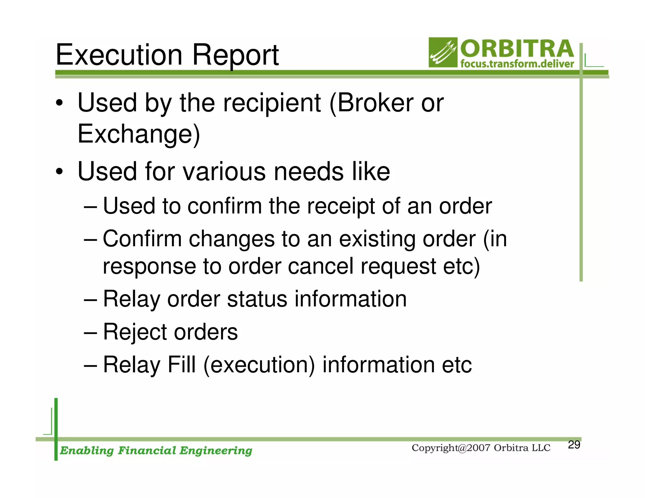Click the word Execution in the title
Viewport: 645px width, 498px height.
(x=119, y=55)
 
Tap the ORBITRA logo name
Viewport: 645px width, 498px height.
(x=517, y=49)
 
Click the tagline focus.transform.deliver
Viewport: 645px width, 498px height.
(x=517, y=64)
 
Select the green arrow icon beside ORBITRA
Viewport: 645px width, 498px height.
(x=443, y=53)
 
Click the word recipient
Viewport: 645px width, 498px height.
(x=272, y=104)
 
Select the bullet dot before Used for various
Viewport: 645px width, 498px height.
(x=59, y=172)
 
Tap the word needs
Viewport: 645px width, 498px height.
(x=309, y=172)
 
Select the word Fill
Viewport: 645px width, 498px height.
(x=182, y=365)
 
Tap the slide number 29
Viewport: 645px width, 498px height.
(x=574, y=445)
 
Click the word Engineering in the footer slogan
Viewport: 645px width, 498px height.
(x=216, y=451)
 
